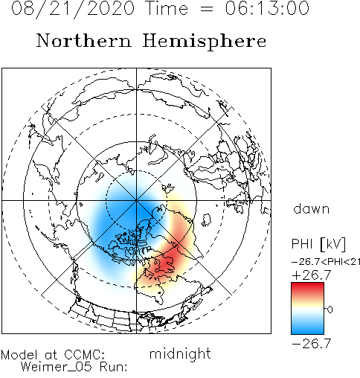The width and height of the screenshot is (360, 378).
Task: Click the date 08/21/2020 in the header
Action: pyautogui.click(x=73, y=9)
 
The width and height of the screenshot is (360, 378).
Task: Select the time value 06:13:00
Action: pyautogui.click(x=267, y=8)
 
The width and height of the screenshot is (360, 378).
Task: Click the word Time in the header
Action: pyautogui.click(x=167, y=8)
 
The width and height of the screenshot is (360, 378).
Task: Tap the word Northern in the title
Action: pyautogui.click(x=84, y=40)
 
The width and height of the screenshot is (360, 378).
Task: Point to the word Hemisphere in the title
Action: pyautogui.click(x=205, y=42)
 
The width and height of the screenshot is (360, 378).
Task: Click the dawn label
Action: pyautogui.click(x=312, y=209)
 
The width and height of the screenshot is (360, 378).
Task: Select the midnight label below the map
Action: pyautogui.click(x=180, y=353)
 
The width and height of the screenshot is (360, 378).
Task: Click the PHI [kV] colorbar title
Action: pyautogui.click(x=318, y=244)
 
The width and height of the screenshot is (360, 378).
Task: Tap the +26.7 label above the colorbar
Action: pyautogui.click(x=312, y=275)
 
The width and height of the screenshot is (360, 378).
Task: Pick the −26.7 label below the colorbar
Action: pyautogui.click(x=312, y=343)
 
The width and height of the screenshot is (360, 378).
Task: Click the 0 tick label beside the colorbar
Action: pyautogui.click(x=330, y=310)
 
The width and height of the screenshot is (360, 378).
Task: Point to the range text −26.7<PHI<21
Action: pyautogui.click(x=326, y=262)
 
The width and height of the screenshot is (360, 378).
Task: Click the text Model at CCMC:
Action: pyautogui.click(x=53, y=355)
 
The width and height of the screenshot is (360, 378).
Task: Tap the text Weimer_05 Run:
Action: pyautogui.click(x=74, y=367)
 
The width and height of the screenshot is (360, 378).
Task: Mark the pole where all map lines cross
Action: pyautogui.click(x=136, y=200)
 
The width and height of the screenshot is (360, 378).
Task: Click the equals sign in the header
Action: pyautogui.click(x=206, y=9)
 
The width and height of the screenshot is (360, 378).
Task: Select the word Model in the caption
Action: pyautogui.click(x=19, y=355)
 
